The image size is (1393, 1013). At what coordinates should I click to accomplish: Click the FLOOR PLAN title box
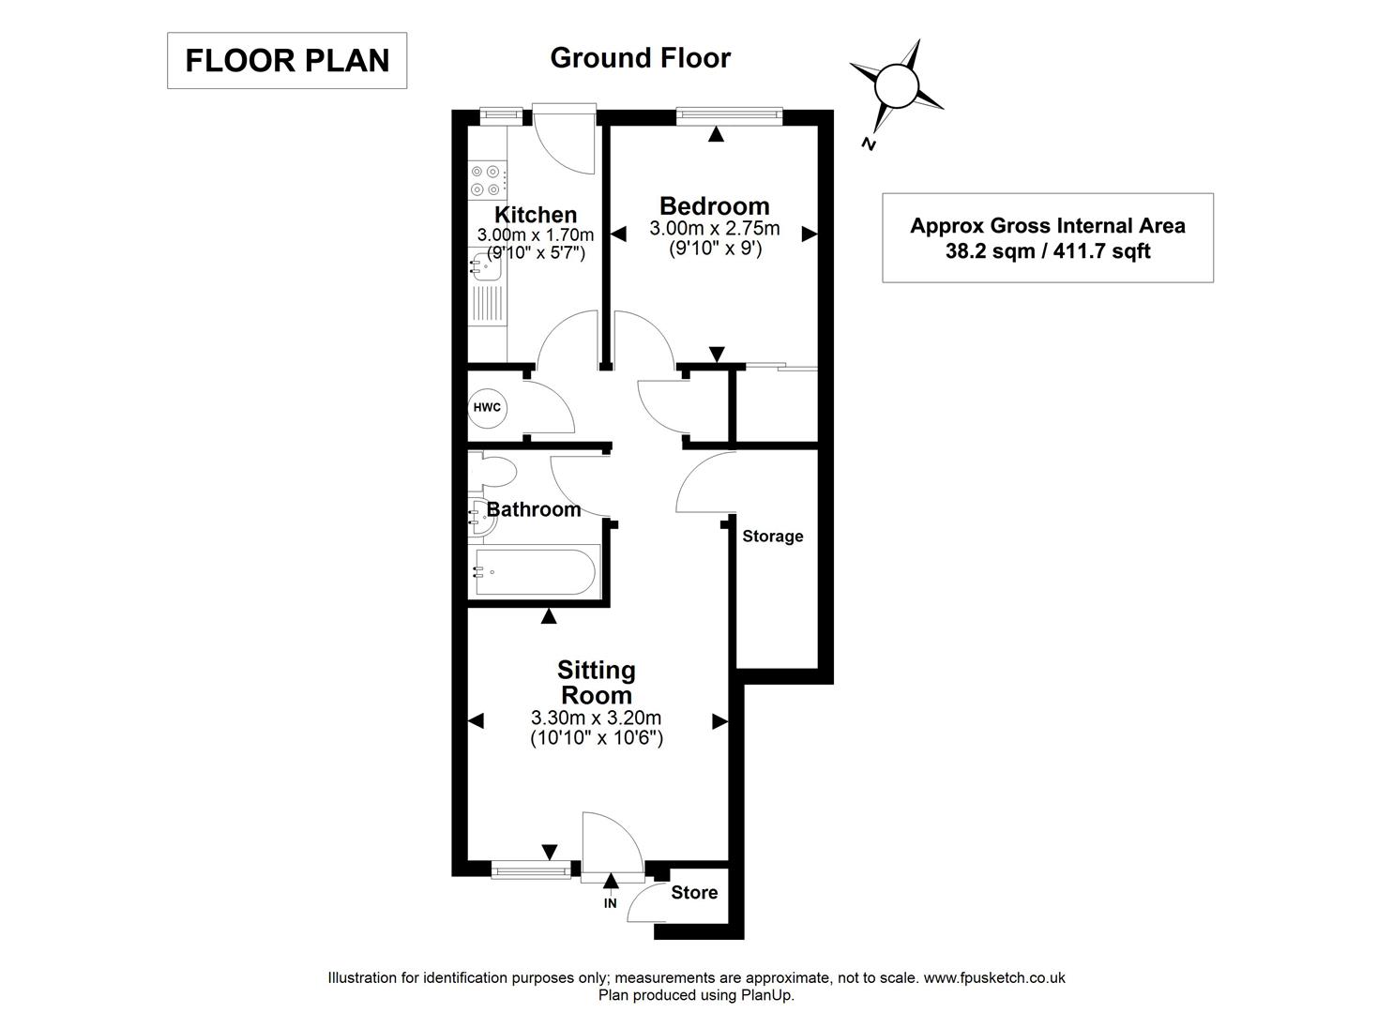click(x=286, y=61)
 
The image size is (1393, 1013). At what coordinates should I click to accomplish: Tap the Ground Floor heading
click(x=640, y=58)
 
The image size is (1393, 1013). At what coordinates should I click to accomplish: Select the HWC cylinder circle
click(x=487, y=407)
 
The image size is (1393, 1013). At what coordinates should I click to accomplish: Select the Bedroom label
click(x=714, y=205)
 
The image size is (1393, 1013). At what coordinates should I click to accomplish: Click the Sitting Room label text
click(x=596, y=683)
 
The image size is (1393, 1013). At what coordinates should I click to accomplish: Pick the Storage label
click(x=772, y=537)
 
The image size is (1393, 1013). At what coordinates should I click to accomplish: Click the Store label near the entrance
click(x=694, y=893)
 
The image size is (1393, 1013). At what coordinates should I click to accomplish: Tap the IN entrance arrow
click(x=611, y=881)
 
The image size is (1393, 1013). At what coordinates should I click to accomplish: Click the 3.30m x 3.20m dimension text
click(x=596, y=718)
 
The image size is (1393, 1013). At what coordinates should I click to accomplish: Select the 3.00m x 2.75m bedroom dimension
click(x=714, y=229)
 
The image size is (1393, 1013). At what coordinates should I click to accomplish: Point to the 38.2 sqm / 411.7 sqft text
click(x=1047, y=251)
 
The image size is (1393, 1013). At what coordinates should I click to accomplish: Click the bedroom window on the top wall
click(x=729, y=115)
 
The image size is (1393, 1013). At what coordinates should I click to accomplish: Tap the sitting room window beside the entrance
click(x=531, y=871)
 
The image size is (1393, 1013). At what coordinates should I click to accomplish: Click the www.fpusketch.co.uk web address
click(x=994, y=977)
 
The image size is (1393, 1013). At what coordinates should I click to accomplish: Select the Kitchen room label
click(x=536, y=215)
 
